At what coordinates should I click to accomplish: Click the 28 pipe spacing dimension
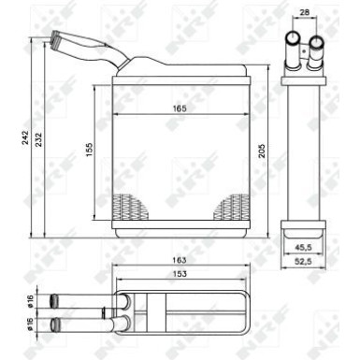click(303, 14)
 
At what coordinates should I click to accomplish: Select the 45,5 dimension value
click(303, 247)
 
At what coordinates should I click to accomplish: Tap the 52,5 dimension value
click(303, 262)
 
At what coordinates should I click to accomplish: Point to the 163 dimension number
click(178, 259)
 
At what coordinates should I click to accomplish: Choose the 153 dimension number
click(178, 273)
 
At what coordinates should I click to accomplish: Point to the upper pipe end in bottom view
click(56, 300)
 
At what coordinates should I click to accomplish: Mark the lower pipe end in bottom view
click(56, 324)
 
